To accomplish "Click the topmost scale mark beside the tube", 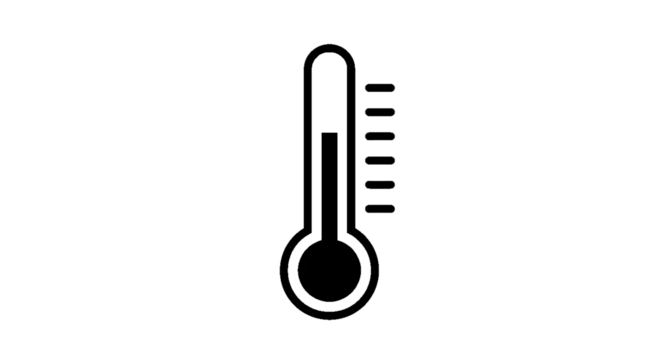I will pyautogui.click(x=380, y=86).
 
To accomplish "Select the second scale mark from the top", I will pyautogui.click(x=380, y=110).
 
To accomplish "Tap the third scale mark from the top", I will pyautogui.click(x=380, y=134).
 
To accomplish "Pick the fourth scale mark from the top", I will pyautogui.click(x=380, y=159).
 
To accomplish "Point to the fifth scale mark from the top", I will pyautogui.click(x=380, y=183).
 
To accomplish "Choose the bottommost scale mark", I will pyautogui.click(x=380, y=207).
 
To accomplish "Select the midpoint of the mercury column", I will pyautogui.click(x=329, y=185).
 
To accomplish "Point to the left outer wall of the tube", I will pyautogui.click(x=305, y=140).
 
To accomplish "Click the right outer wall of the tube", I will pyautogui.click(x=353, y=140).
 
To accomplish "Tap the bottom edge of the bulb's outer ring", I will pyautogui.click(x=329, y=321).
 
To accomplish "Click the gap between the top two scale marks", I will pyautogui.click(x=380, y=98).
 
